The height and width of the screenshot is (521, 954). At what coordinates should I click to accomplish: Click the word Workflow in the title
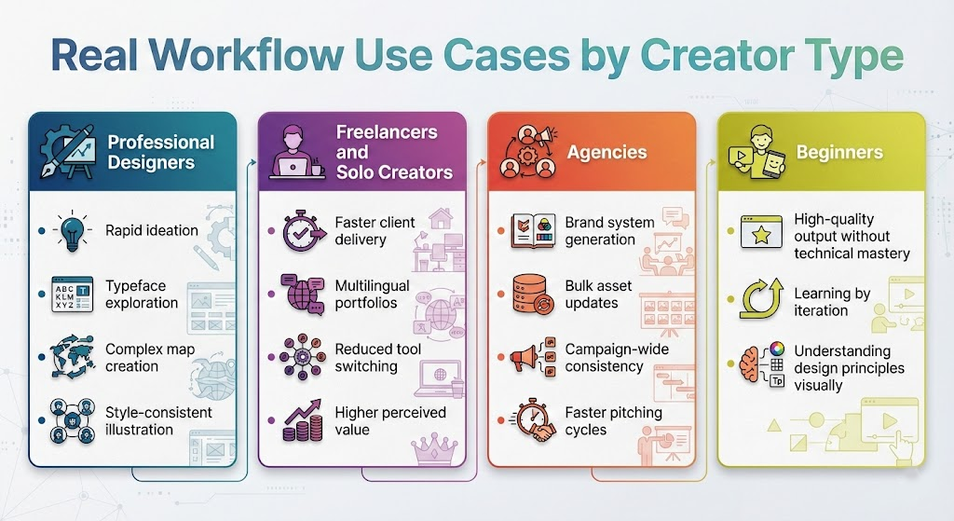coord(248,54)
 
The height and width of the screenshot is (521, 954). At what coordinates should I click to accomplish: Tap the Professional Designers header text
coord(160,152)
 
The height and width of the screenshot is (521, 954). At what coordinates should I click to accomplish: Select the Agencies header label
coord(606,152)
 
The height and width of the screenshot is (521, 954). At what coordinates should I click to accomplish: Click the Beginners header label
coord(839,152)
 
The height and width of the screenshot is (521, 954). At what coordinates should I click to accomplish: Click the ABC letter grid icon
coord(73,294)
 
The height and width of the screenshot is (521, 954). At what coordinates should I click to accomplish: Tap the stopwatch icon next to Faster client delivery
coord(303,231)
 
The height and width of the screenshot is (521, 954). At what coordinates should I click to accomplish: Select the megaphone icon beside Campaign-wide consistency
coord(532,357)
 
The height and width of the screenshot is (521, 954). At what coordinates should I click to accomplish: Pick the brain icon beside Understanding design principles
coord(762,365)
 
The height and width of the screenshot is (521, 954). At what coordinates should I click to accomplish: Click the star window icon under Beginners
coord(761,232)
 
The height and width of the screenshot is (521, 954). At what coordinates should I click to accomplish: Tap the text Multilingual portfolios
coord(372,294)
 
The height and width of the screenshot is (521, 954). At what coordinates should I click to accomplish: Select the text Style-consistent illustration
coord(158,420)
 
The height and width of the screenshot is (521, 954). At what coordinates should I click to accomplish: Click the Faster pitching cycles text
coord(613,420)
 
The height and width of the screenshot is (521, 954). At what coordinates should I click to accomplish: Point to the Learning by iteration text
coord(832,302)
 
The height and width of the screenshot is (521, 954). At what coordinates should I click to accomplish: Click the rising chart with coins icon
coord(303,420)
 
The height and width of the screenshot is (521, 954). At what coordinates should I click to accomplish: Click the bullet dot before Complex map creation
coord(41,357)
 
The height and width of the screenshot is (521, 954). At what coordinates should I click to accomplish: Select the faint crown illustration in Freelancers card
coord(434,449)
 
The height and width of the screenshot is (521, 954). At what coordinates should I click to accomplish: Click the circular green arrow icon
coord(761,298)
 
